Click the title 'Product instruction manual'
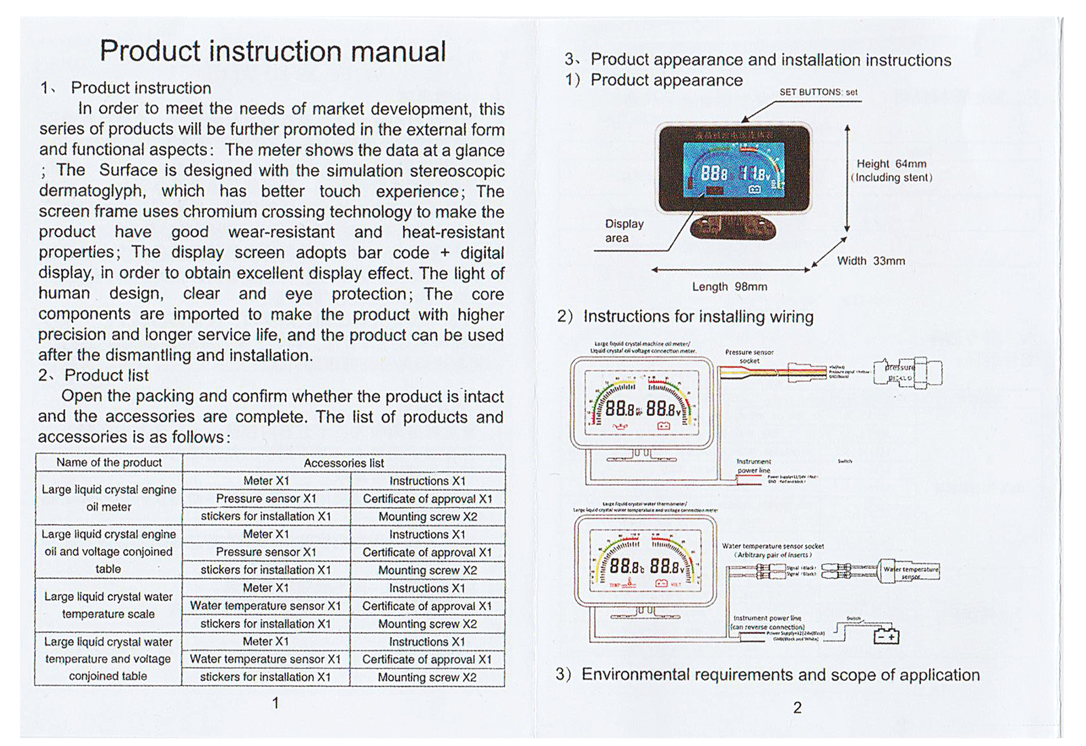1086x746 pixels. click(x=273, y=52)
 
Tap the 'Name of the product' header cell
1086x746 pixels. click(x=109, y=462)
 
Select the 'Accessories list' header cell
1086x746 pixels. click(x=343, y=463)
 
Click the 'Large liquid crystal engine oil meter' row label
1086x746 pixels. click(x=109, y=498)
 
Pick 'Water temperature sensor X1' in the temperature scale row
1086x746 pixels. click(x=265, y=605)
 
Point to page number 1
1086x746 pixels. click(x=276, y=703)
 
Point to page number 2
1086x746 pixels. click(x=798, y=708)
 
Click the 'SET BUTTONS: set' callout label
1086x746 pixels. click(x=818, y=92)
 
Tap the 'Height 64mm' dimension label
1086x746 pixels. click(x=891, y=164)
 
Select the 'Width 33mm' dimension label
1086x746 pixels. click(x=871, y=261)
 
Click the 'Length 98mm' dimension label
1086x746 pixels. click(x=730, y=287)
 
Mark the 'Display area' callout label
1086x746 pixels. click(x=624, y=231)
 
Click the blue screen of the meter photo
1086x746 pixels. click(x=733, y=170)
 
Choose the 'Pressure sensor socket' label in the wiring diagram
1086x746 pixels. click(x=749, y=356)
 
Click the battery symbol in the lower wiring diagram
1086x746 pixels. click(x=886, y=636)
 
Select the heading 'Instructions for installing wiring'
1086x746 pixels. click(x=698, y=317)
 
